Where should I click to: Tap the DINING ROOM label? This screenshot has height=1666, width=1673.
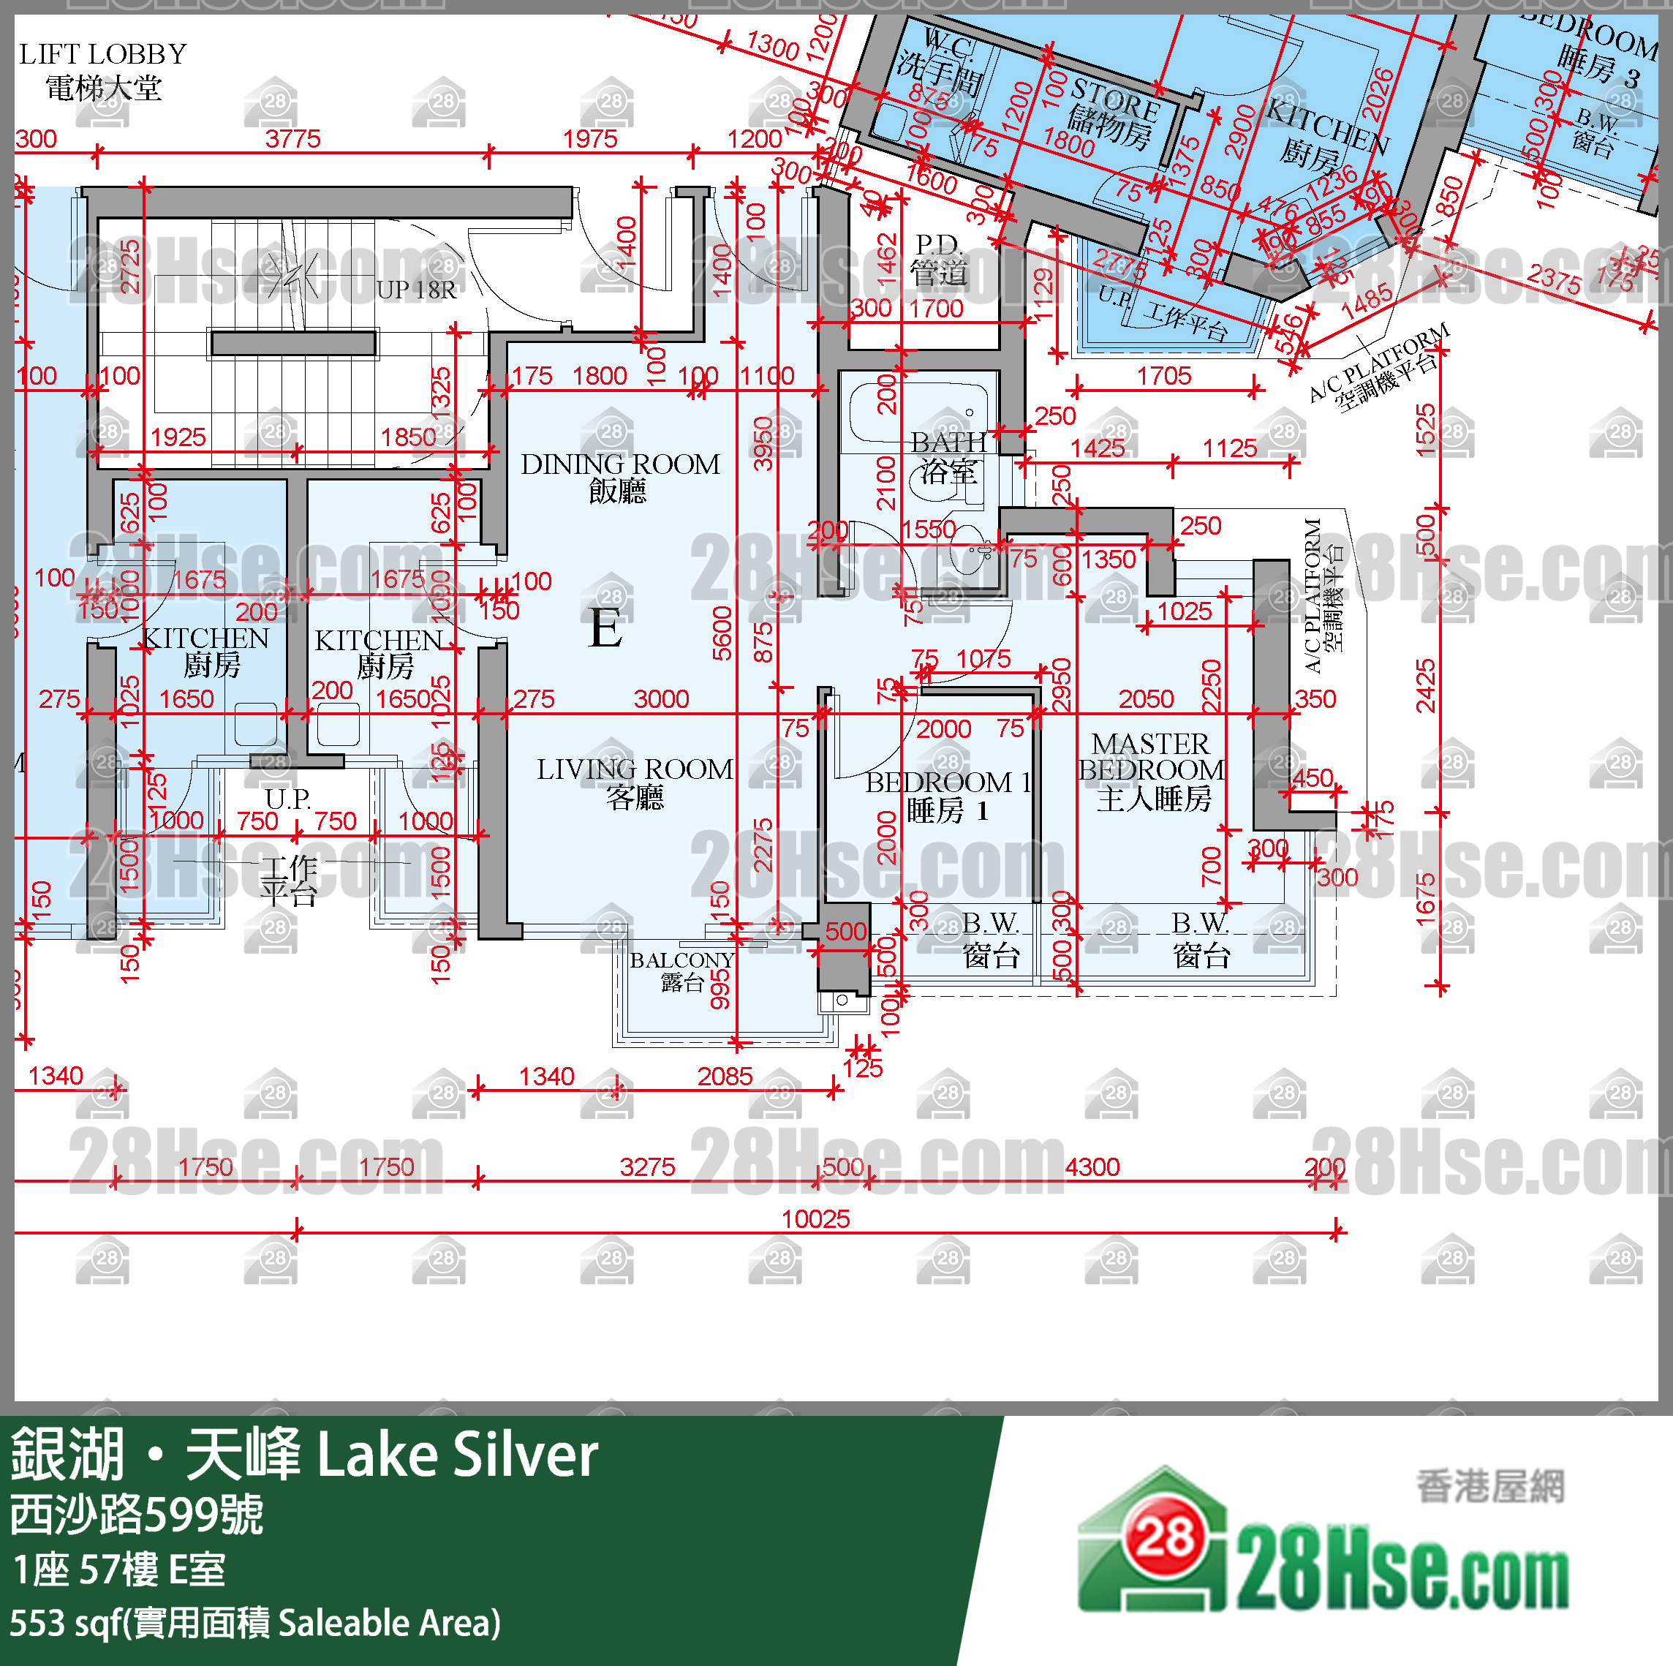619,465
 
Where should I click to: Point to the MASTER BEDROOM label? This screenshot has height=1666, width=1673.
1151,757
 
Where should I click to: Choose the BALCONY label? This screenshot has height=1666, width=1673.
681,960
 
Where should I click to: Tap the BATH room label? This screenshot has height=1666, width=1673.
948,443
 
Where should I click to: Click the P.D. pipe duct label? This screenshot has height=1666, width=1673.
939,245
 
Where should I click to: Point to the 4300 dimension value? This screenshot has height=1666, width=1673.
1092,1167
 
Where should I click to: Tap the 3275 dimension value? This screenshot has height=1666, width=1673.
647,1167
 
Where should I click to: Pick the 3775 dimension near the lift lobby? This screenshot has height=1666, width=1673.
292,138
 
